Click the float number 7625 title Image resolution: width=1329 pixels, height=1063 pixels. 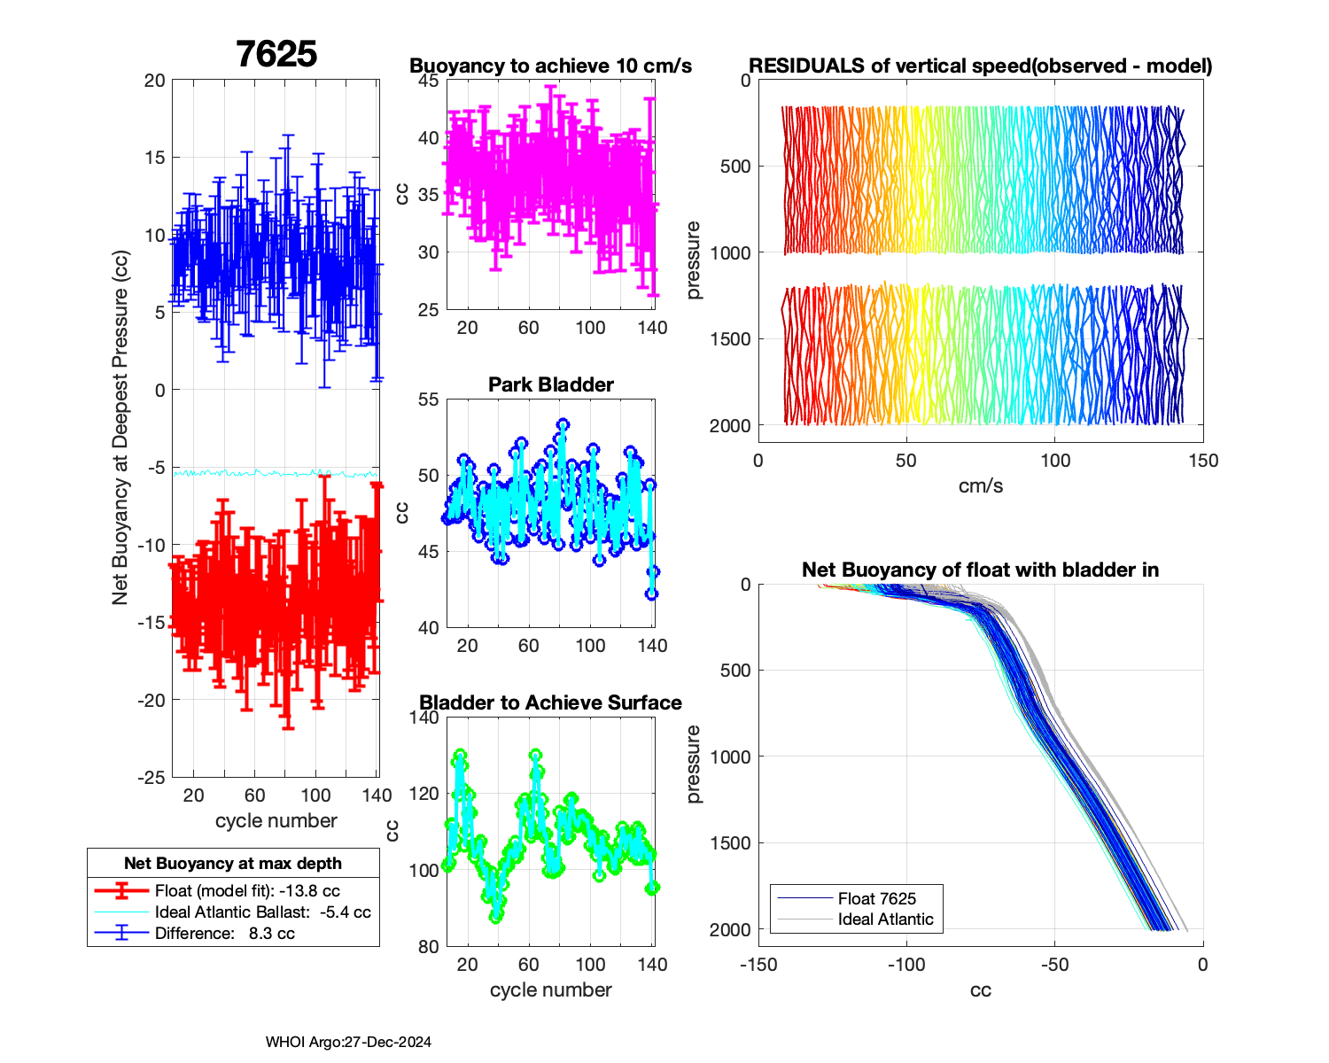click(276, 54)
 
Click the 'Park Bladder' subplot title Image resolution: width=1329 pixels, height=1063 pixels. click(551, 384)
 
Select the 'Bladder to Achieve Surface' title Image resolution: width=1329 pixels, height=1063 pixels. click(550, 702)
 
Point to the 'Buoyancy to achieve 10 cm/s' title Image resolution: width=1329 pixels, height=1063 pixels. click(550, 66)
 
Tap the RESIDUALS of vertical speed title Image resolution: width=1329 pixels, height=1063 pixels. click(981, 66)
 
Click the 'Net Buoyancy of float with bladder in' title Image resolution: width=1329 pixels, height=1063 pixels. click(981, 570)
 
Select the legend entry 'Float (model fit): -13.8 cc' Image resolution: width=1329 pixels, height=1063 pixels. click(247, 891)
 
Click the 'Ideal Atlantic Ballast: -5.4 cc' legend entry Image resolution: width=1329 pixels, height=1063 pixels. click(262, 912)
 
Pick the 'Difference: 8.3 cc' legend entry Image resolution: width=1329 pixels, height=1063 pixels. click(224, 934)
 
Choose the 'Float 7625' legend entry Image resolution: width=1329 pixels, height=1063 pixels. click(876, 899)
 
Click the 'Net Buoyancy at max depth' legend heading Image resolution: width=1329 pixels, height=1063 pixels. click(233, 864)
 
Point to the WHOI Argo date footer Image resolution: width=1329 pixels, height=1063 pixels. click(348, 1043)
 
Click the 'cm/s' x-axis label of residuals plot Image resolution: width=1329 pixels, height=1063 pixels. click(981, 485)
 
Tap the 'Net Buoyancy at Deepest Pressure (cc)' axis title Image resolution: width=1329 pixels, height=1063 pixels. click(121, 429)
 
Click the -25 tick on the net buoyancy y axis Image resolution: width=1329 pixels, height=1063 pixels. click(152, 778)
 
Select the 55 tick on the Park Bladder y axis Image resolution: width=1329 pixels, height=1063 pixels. click(428, 400)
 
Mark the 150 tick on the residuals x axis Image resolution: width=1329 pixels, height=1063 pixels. click(1203, 461)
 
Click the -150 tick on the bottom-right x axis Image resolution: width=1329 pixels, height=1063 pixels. click(758, 965)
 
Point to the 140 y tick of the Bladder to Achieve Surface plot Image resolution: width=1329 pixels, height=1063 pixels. click(424, 718)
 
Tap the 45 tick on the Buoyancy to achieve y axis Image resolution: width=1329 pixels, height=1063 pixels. click(428, 81)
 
